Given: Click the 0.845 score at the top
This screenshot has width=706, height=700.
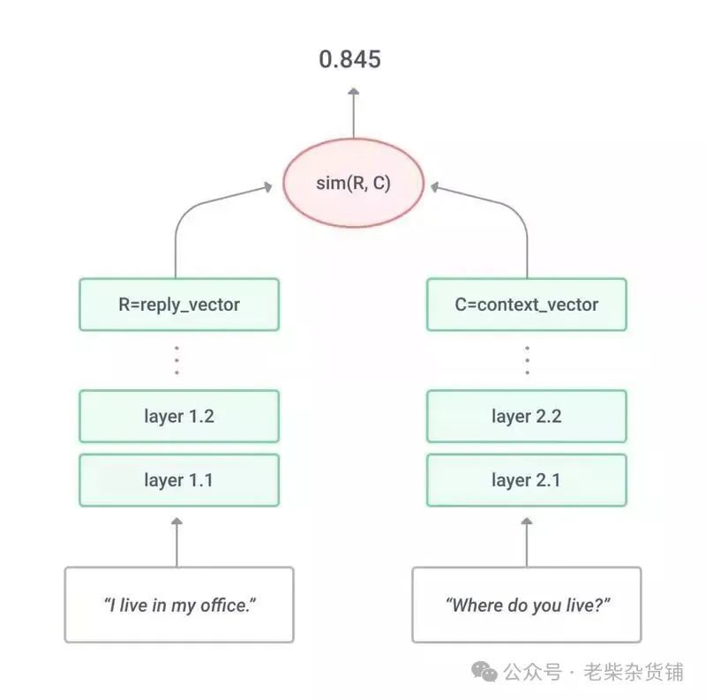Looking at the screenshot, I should (x=350, y=59).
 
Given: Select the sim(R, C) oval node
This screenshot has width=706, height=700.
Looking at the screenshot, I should (x=353, y=184).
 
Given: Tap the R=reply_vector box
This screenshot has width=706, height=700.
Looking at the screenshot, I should (x=179, y=305).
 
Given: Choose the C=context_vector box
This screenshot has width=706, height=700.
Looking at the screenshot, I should (x=527, y=305).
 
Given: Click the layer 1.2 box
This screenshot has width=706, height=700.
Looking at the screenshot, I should (x=179, y=416).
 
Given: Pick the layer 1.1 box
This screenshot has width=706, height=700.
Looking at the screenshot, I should (x=179, y=480).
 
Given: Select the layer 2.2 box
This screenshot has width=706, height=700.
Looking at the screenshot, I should (x=527, y=416).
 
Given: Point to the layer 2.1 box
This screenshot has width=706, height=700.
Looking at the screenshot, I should (x=527, y=480).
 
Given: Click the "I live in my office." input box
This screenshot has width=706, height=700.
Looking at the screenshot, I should (x=179, y=605).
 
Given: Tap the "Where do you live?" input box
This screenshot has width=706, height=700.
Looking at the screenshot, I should (x=527, y=605).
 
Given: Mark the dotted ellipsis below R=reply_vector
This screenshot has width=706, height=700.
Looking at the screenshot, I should (x=176, y=360).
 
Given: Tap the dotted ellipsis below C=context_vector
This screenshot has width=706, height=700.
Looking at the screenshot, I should (x=527, y=360).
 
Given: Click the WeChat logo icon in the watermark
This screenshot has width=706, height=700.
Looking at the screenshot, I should (x=484, y=672).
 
